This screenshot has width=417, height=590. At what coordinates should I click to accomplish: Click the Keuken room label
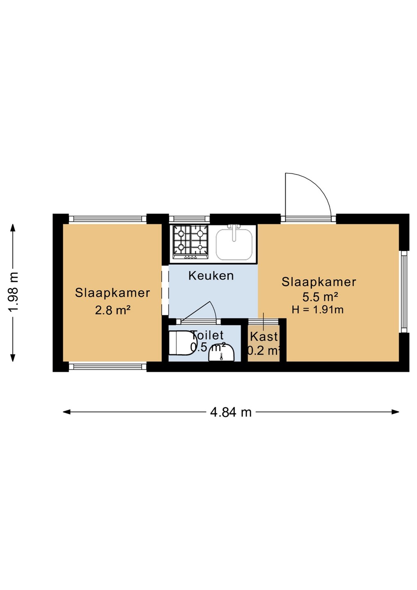pyautogui.click(x=211, y=276)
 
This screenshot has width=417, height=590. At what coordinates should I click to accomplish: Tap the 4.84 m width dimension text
pyautogui.click(x=231, y=412)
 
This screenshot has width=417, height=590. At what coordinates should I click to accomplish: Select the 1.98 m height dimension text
pyautogui.click(x=13, y=292)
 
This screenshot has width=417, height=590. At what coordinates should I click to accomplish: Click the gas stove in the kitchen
pyautogui.click(x=190, y=242)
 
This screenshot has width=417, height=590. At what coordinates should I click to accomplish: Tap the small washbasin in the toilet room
pyautogui.click(x=221, y=353)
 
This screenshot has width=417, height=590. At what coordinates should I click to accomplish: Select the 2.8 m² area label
pyautogui.click(x=113, y=311)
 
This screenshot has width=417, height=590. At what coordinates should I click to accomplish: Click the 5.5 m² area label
pyautogui.click(x=320, y=297)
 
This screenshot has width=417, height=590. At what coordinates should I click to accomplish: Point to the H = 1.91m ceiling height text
pyautogui.click(x=317, y=310)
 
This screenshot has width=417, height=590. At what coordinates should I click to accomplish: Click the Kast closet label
pyautogui.click(x=264, y=337)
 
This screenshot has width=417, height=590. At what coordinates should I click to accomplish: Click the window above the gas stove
pyautogui.click(x=189, y=219)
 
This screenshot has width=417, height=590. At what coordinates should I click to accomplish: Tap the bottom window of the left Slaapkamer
pyautogui.click(x=107, y=367)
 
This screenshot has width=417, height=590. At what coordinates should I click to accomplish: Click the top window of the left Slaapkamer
pyautogui.click(x=107, y=219)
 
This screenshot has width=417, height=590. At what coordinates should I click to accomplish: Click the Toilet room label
pyautogui.click(x=207, y=335)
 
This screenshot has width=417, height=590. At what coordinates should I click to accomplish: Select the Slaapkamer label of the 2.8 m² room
pyautogui.click(x=112, y=293)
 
